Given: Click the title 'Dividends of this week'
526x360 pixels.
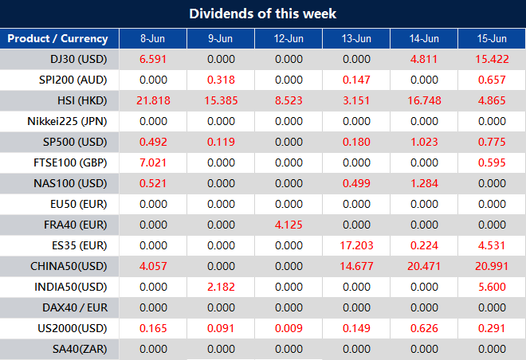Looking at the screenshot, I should pos(263,14).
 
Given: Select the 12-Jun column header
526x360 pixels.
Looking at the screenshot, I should pos(289,38).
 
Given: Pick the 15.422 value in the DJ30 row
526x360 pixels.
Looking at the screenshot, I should pos(492,59).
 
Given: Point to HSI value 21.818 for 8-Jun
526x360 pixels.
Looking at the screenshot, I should pos(153,100).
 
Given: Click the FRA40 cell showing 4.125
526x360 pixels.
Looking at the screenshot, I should pos(289,225).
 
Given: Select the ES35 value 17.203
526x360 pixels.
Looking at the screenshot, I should pos(356,245).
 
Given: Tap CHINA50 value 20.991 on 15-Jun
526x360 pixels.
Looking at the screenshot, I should pos(492,266).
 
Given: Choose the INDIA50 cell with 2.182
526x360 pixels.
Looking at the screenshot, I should pos(221,287).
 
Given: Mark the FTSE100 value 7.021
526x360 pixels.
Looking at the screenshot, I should pos(153,162).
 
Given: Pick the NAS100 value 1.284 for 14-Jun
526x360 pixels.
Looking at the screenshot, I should pos(424,183).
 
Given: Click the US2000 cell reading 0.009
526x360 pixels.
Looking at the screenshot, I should pos(289,328).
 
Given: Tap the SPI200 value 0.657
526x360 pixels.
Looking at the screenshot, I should pos(492,80).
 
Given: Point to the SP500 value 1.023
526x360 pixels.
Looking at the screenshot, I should pos(424,142).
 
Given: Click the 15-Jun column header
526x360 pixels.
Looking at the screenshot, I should pos(492,38).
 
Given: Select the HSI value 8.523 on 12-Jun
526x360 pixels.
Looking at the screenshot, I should pos(289,100).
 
